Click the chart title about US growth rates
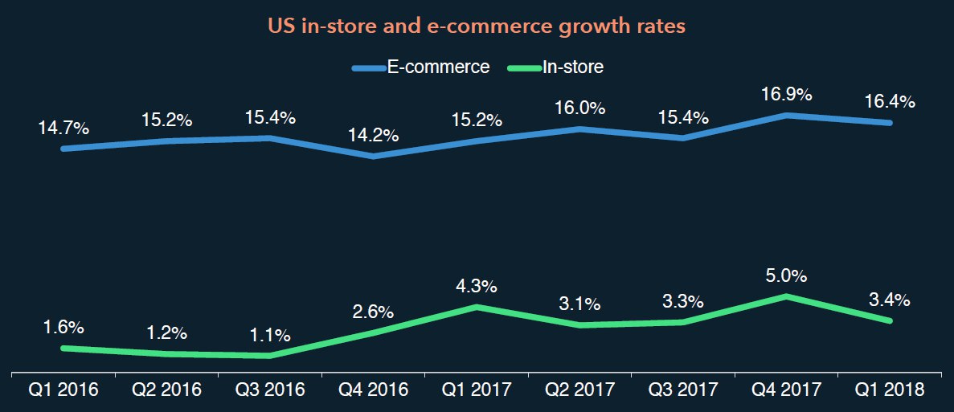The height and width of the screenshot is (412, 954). (x=477, y=27)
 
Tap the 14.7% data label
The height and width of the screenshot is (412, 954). (x=63, y=127)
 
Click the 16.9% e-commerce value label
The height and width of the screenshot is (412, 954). (x=787, y=95)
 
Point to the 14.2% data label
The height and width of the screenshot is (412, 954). (x=374, y=135)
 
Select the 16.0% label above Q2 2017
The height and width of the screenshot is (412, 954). (x=580, y=108)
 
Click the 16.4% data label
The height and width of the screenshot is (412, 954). (x=890, y=102)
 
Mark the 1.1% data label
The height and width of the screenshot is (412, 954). (x=270, y=336)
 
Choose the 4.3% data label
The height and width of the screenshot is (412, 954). (x=477, y=286)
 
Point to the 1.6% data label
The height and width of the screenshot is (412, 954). (x=63, y=328)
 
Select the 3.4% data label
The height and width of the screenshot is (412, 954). (x=890, y=300)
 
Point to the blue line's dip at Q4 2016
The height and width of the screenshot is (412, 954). (x=374, y=156)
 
